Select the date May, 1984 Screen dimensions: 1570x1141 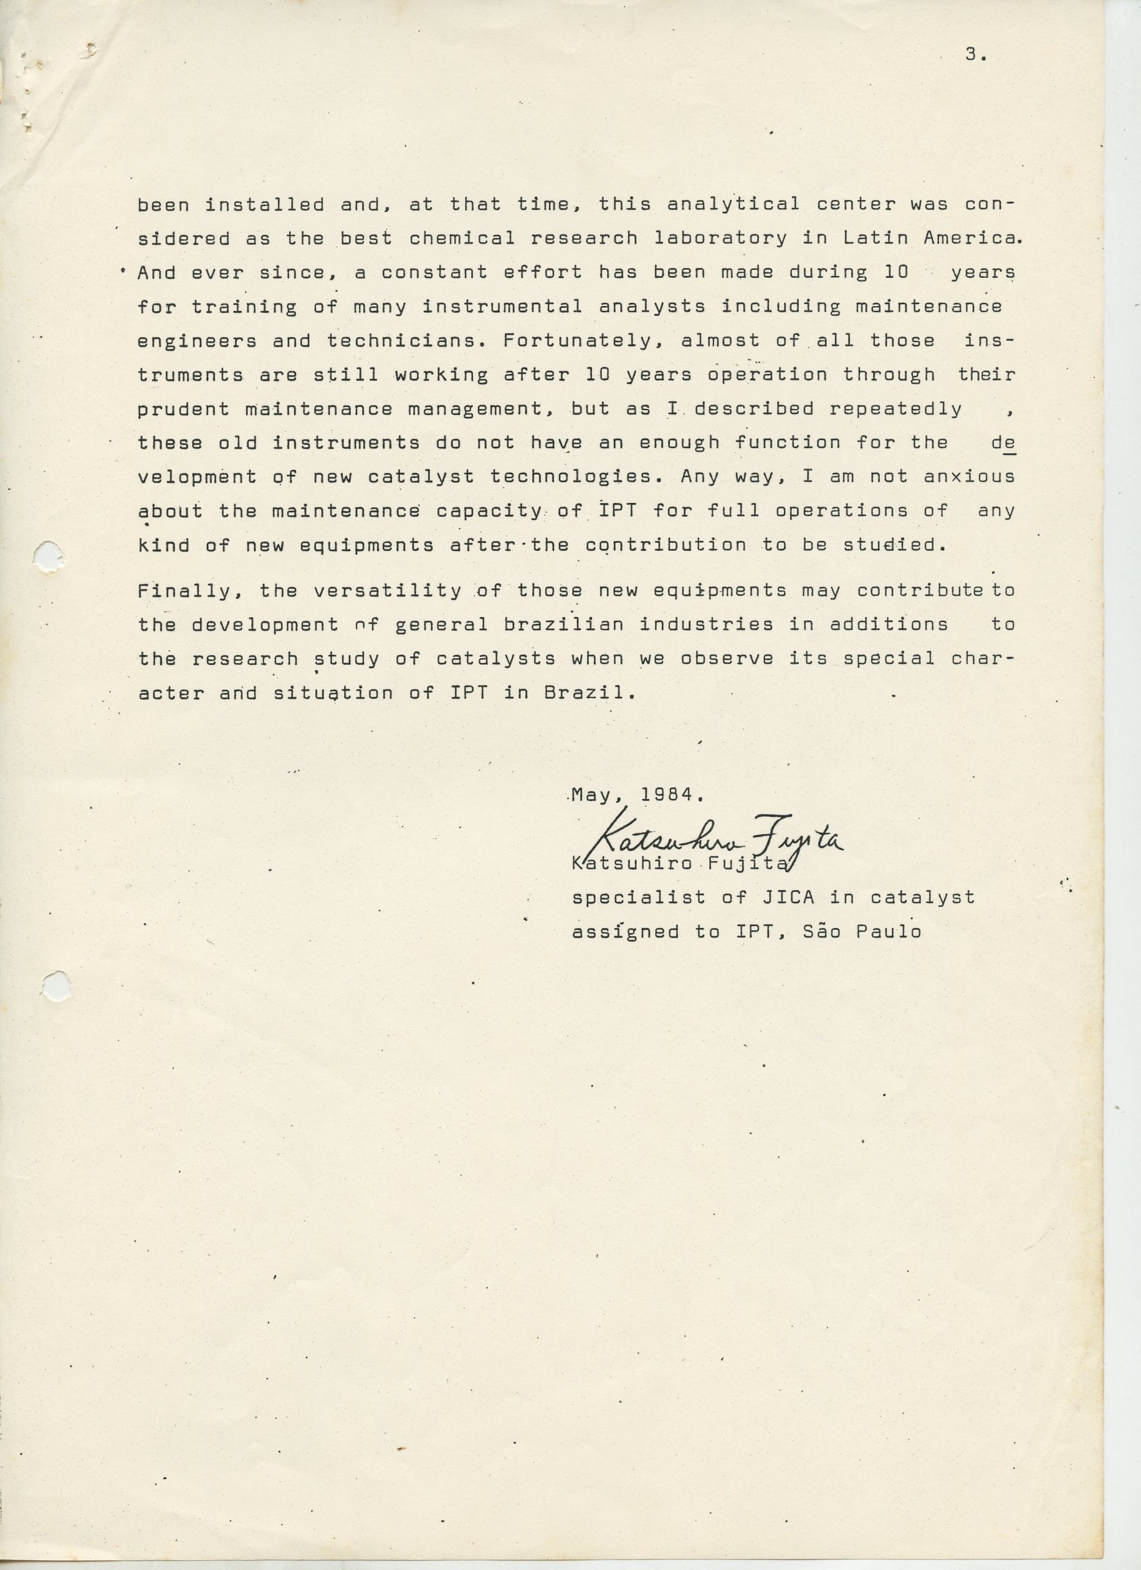[637, 795]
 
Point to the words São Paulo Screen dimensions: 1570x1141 [862, 932]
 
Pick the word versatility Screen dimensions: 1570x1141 [387, 591]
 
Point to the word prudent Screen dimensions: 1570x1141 [183, 409]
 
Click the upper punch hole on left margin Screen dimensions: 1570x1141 [49, 556]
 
